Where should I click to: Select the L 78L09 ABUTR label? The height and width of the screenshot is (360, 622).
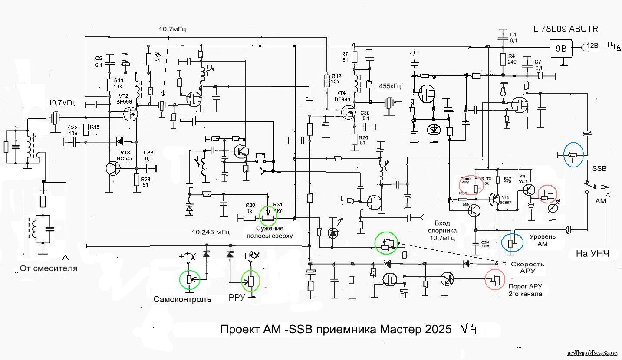(x=566, y=29)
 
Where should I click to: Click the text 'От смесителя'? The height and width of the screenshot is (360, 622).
(x=49, y=268)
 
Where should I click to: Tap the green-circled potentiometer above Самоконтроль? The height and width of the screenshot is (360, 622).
(x=190, y=278)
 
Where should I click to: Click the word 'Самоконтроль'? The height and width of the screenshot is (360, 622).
(x=182, y=300)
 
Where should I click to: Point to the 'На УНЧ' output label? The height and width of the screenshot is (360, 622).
(x=592, y=254)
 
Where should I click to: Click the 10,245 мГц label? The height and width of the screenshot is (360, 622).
(x=211, y=231)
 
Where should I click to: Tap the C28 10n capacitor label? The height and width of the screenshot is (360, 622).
(x=73, y=130)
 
